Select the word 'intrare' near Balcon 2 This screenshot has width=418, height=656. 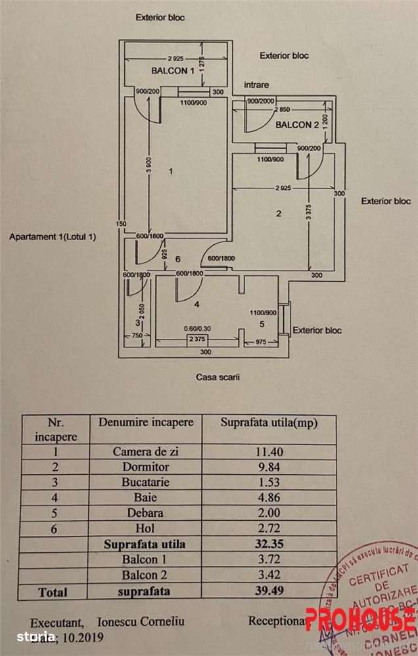coord(256,85)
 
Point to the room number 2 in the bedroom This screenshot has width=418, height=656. coord(279,213)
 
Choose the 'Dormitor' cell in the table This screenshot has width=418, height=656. coord(145,467)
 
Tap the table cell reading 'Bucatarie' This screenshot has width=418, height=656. coord(145,482)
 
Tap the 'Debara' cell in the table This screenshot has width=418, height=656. coord(145,513)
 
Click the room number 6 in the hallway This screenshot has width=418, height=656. coord(177,259)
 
